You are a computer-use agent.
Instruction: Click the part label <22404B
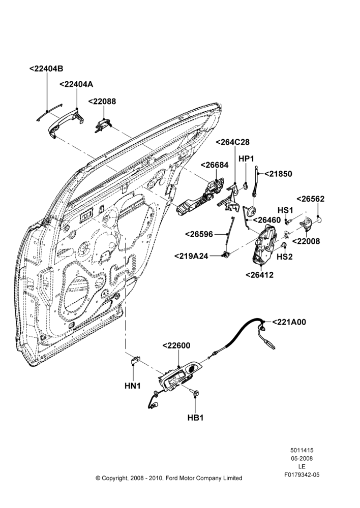pyautogui.click(x=46, y=69)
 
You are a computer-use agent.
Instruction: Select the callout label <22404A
pyautogui.click(x=76, y=84)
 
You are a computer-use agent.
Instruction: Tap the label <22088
pyautogui.click(x=102, y=102)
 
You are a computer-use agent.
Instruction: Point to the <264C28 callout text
pyautogui.click(x=232, y=142)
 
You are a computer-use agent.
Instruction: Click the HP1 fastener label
pyautogui.click(x=246, y=158)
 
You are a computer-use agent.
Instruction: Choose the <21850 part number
pyautogui.click(x=278, y=174)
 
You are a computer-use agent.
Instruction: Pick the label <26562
pyautogui.click(x=310, y=199)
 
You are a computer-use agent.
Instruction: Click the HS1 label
pyautogui.click(x=285, y=210)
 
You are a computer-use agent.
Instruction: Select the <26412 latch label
pyautogui.click(x=259, y=275)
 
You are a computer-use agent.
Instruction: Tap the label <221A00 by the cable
pyautogui.click(x=289, y=322)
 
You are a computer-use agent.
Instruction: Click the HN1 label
pyautogui.click(x=133, y=386)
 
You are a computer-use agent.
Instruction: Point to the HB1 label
pyautogui.click(x=196, y=418)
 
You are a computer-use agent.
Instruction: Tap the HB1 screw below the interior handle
pyautogui.click(x=196, y=393)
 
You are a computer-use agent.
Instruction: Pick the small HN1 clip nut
pyautogui.click(x=135, y=360)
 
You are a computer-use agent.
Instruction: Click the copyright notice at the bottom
pyautogui.click(x=169, y=478)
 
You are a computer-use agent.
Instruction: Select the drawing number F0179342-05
pyautogui.click(x=302, y=474)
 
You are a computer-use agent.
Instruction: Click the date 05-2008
pyautogui.click(x=302, y=458)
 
